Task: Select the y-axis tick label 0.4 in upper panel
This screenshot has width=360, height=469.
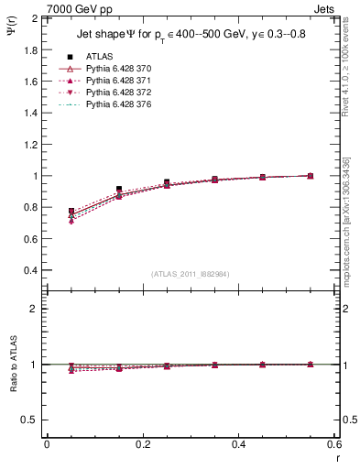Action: tap(29, 270)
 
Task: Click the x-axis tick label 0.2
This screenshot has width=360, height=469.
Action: tap(142, 444)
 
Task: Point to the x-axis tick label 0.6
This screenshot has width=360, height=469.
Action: tap(333, 444)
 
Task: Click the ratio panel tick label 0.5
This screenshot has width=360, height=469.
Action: tap(29, 420)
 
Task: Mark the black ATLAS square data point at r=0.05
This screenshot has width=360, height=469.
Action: tap(71, 211)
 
